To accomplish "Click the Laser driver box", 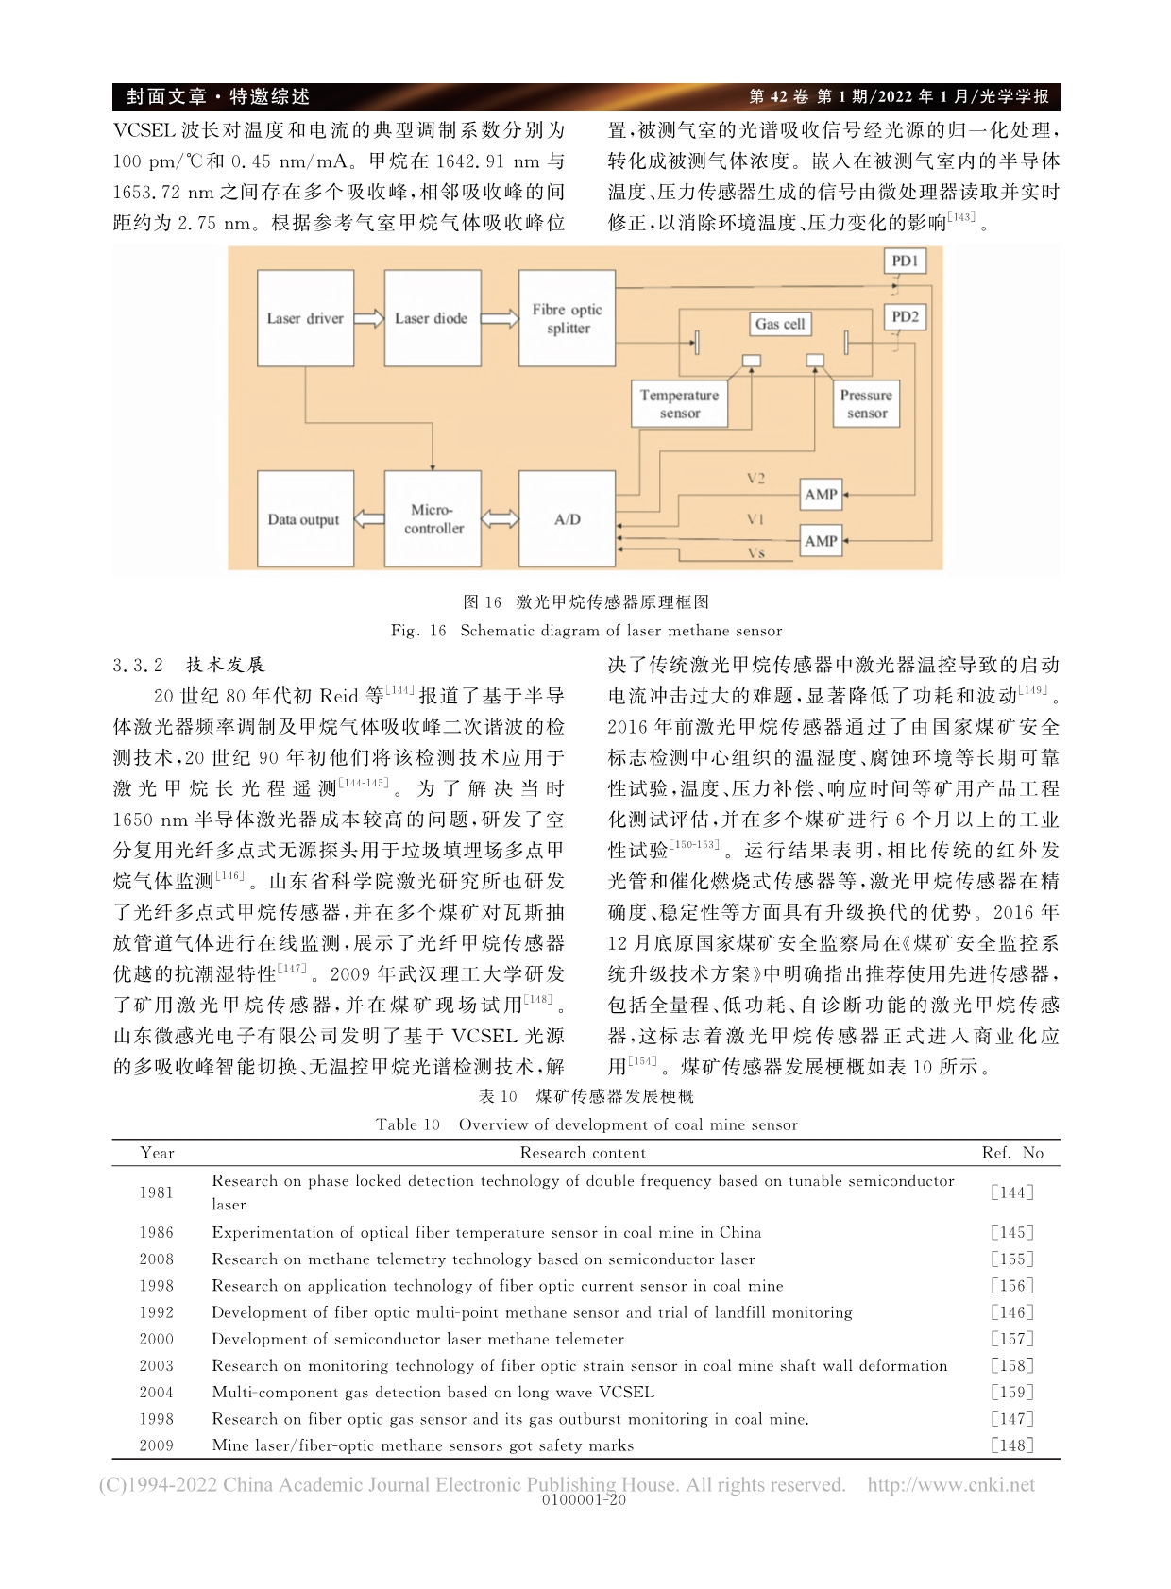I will [305, 319].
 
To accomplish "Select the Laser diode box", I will [432, 319].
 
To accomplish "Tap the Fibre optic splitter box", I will [567, 319].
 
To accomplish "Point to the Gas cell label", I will [780, 324].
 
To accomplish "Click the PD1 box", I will [905, 261].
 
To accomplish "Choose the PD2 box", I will [905, 317].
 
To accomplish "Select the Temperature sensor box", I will [679, 404].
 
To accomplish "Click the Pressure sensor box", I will [866, 404].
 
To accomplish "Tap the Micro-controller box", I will [433, 519].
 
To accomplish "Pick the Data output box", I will [305, 519].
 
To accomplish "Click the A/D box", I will [567, 519].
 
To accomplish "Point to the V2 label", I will [755, 479].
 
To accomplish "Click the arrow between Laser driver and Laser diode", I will [369, 319].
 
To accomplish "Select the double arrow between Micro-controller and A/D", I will [500, 519].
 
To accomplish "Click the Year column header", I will [157, 1153].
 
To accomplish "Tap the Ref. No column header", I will [1012, 1153].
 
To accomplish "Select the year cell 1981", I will [157, 1192].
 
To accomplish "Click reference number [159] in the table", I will [1012, 1393].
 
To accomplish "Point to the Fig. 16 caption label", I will [418, 631].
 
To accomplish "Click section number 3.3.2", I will [138, 666].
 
